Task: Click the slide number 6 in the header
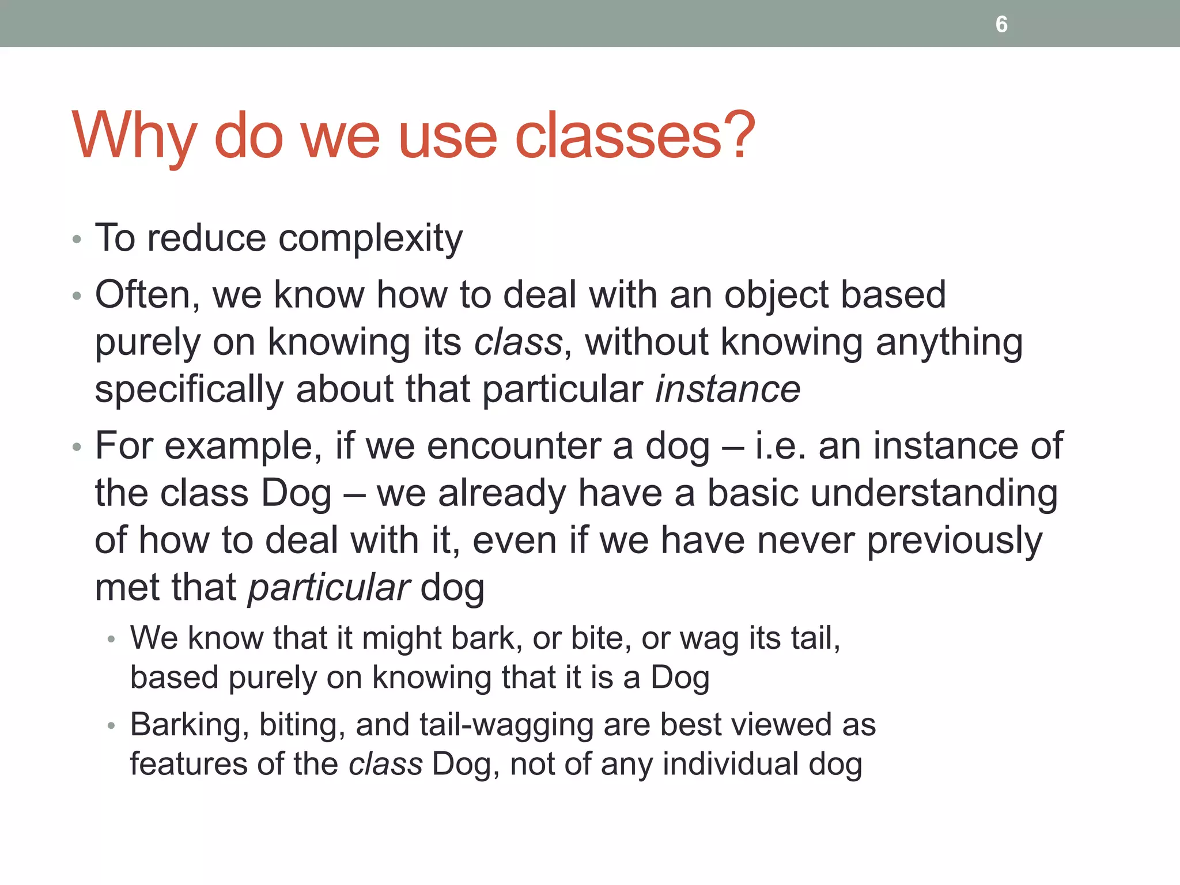1001,24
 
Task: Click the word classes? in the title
634,136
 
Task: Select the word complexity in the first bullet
370,239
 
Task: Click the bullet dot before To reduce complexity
77,239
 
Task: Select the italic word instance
728,389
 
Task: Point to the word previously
954,541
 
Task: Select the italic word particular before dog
329,588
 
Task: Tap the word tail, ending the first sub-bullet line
815,638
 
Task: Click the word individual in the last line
730,765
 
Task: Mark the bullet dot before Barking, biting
112,726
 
